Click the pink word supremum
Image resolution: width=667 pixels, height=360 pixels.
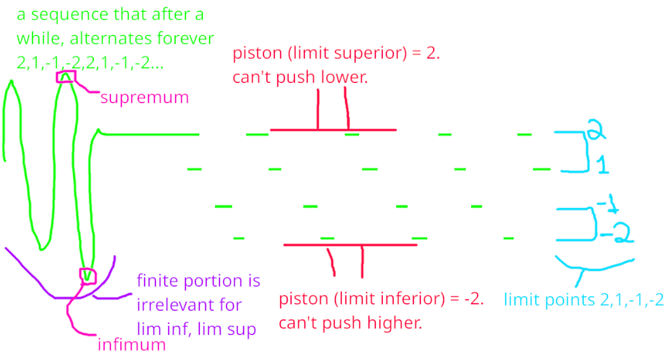tap(145, 97)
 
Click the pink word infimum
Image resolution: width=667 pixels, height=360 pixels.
tap(132, 344)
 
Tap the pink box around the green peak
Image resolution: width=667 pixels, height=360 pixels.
tap(66, 76)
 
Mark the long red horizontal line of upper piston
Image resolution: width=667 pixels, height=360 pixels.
tap(333, 130)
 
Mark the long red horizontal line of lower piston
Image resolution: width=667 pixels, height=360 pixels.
tap(350, 245)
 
